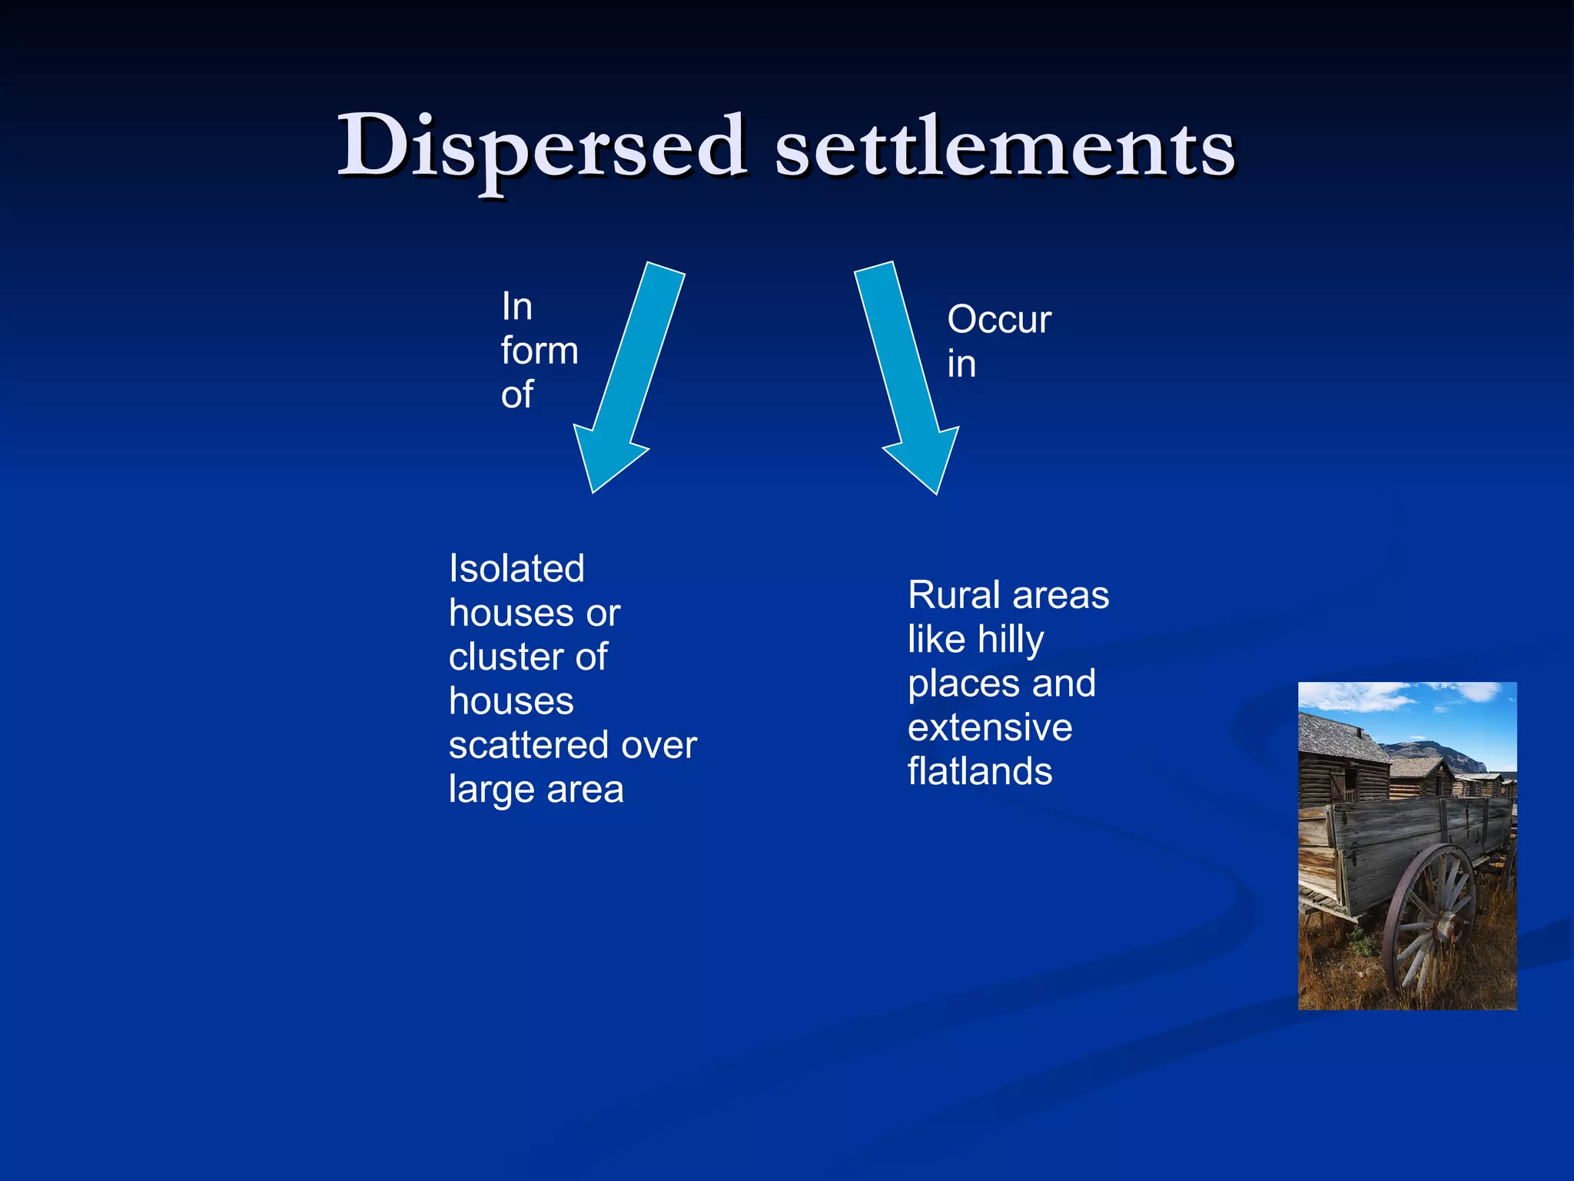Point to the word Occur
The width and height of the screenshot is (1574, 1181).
coord(998,320)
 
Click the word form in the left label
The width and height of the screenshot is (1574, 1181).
coord(539,351)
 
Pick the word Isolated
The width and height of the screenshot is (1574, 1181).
coord(516,569)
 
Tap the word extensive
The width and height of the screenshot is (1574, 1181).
coord(990,727)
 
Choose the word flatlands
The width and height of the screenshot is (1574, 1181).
coord(980,771)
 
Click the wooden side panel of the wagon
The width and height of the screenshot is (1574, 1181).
coord(1414,838)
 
